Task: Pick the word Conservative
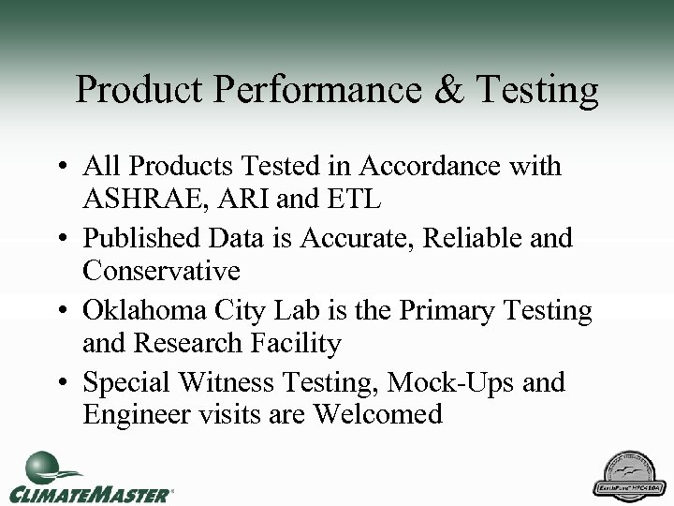click(161, 273)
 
